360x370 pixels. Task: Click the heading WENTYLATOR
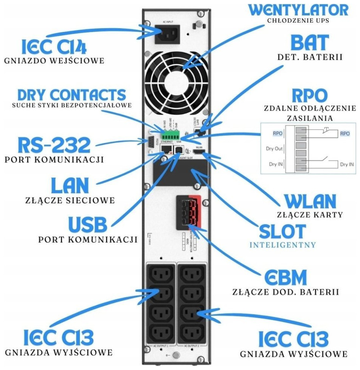point(298,9)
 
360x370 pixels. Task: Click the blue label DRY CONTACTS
point(72,94)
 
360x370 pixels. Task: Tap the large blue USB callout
point(87,224)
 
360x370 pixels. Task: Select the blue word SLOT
point(282,231)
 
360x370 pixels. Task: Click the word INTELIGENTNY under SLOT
point(282,245)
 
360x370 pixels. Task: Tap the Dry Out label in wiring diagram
point(274,148)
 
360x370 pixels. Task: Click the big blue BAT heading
point(310,43)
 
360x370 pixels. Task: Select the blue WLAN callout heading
point(310,201)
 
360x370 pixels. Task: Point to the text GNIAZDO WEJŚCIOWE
point(54,61)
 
